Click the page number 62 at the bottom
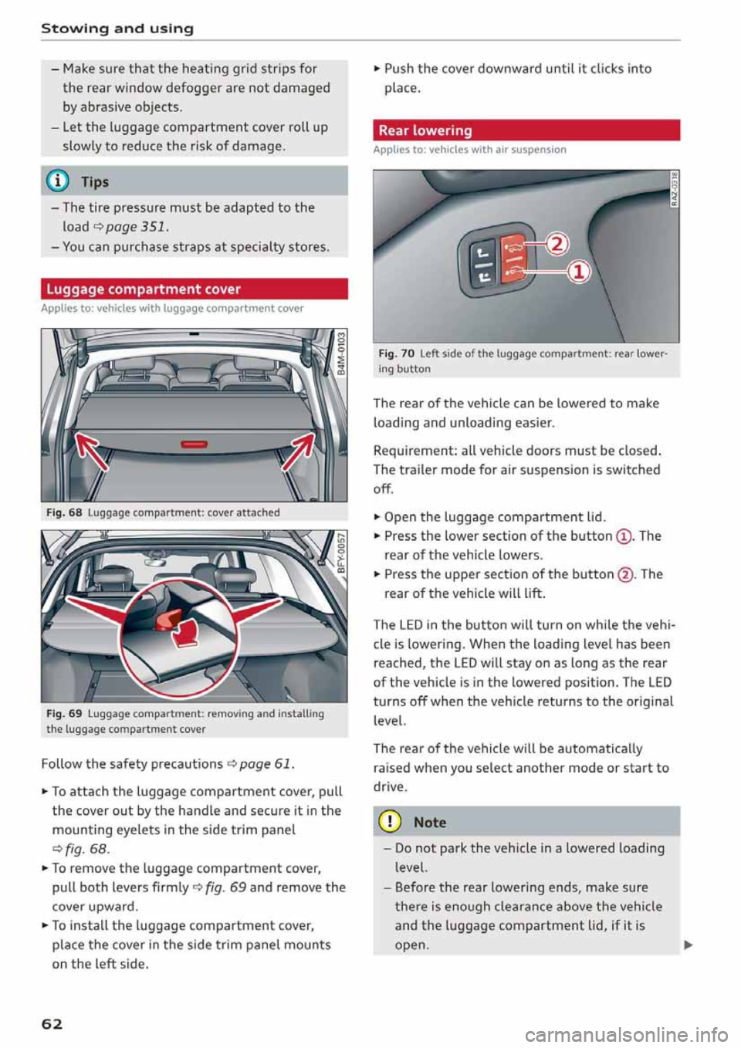pyautogui.click(x=52, y=1023)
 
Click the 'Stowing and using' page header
pyautogui.click(x=117, y=29)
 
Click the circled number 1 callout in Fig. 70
pyautogui.click(x=579, y=272)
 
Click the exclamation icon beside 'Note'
pyautogui.click(x=390, y=822)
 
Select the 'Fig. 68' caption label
pyautogui.click(x=64, y=512)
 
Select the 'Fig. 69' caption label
pyautogui.click(x=64, y=714)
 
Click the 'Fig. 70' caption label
pyautogui.click(x=396, y=353)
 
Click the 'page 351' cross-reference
pyautogui.click(x=137, y=227)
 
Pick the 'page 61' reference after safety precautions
pyautogui.click(x=266, y=764)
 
